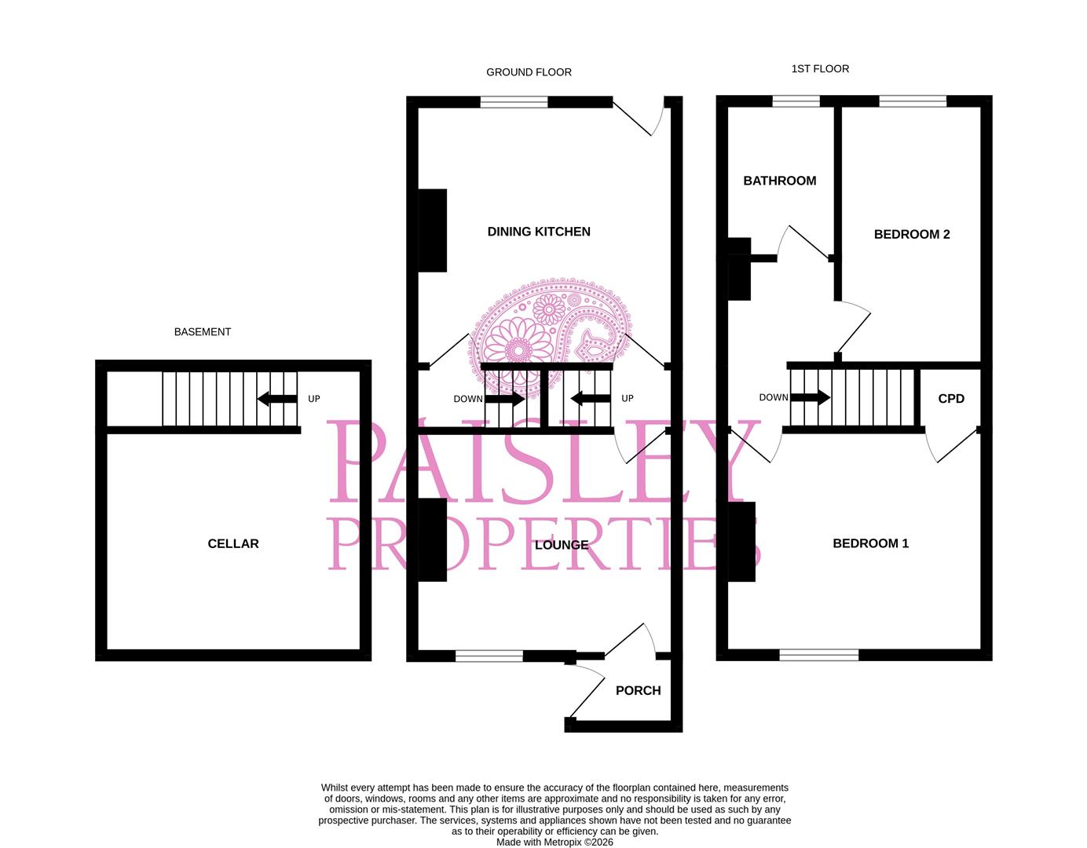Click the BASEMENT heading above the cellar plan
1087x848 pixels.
[x=203, y=332]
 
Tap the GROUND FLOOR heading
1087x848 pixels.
[x=529, y=72]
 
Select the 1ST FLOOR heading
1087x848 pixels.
[x=820, y=69]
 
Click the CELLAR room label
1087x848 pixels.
[x=233, y=543]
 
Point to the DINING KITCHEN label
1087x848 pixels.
[x=539, y=232]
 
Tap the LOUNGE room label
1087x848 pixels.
[x=561, y=545]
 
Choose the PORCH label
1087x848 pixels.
[x=638, y=691]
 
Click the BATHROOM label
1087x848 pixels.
[x=779, y=181]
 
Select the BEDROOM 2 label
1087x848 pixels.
[x=912, y=234]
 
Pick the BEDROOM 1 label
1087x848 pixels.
[x=870, y=543]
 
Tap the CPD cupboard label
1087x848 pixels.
[x=951, y=399]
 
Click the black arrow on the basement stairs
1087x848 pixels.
[x=276, y=398]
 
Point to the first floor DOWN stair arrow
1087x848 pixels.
[x=810, y=397]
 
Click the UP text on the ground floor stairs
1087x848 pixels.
[x=628, y=399]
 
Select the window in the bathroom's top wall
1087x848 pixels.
[x=796, y=101]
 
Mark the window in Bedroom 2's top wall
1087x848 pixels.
[x=913, y=101]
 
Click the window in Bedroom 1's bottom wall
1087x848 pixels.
[x=819, y=655]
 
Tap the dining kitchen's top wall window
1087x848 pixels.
[x=514, y=102]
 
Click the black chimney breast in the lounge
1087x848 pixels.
[x=432, y=540]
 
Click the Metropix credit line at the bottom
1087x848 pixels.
[x=554, y=843]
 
